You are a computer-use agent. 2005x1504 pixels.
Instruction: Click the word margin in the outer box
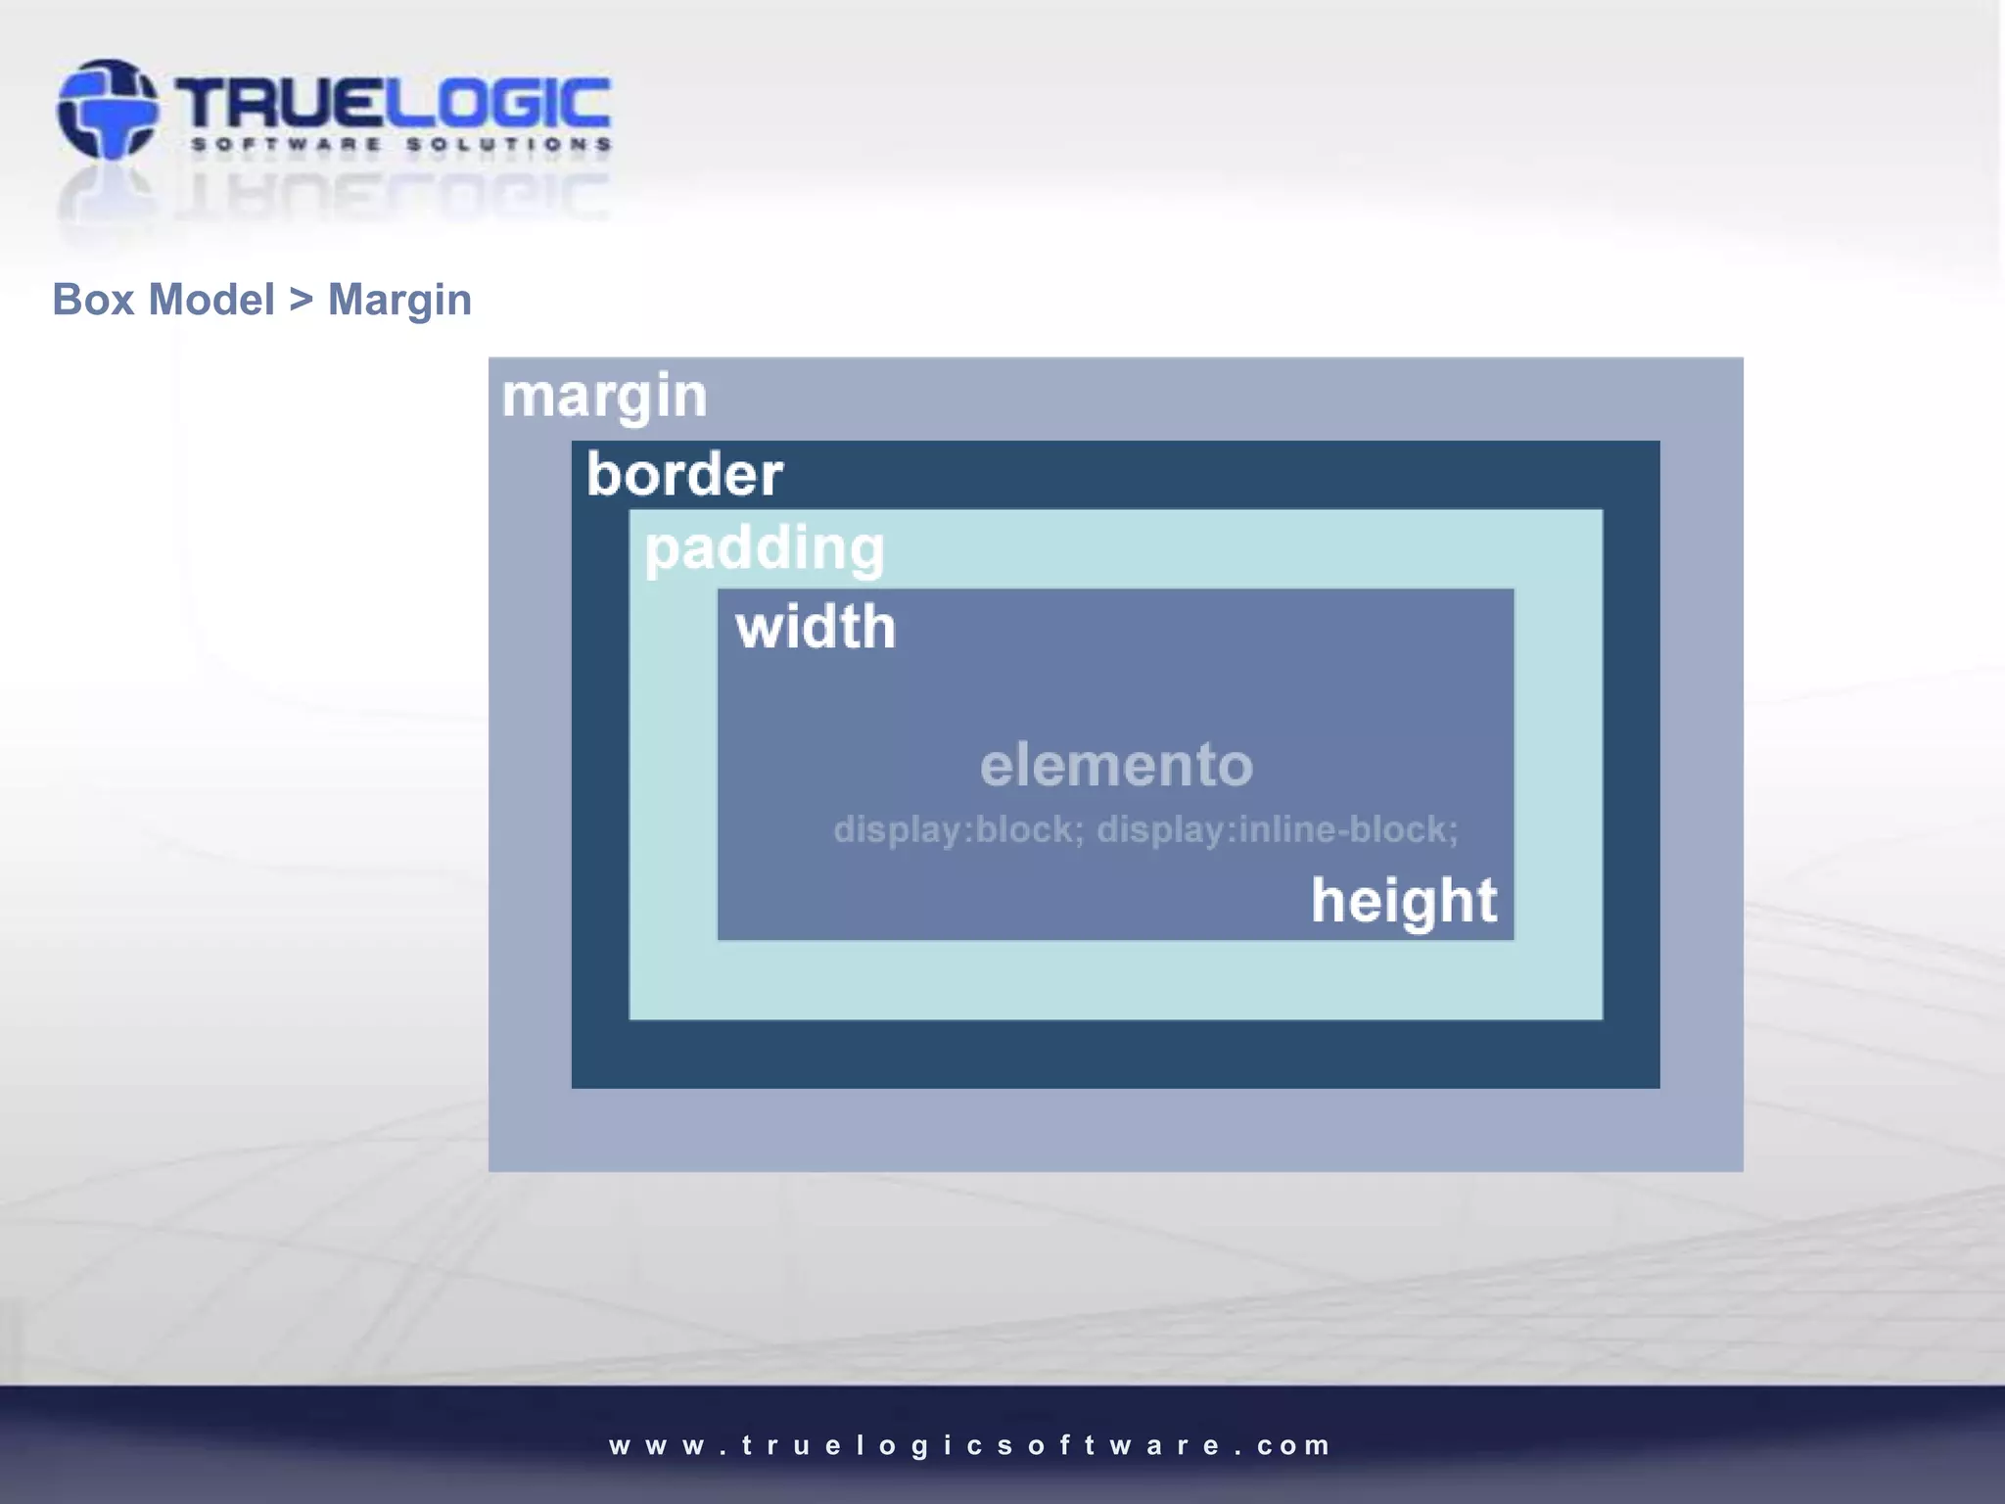pos(604,397)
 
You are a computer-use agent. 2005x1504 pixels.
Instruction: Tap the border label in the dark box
pos(684,475)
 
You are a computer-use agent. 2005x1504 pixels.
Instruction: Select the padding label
pos(764,548)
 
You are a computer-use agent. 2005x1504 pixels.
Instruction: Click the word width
pos(816,627)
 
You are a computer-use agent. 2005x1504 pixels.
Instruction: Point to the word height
pos(1404,901)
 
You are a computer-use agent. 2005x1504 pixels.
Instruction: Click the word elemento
pos(1116,765)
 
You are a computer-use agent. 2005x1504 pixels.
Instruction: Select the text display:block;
pos(958,829)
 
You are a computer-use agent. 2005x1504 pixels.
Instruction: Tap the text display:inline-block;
pos(1277,829)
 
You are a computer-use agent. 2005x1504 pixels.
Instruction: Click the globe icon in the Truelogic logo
pos(107,109)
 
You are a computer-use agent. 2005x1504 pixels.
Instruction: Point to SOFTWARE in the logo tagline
pos(286,145)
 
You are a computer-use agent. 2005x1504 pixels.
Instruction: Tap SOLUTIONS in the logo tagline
pos(509,145)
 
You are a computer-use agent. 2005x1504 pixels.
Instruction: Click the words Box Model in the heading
pos(163,300)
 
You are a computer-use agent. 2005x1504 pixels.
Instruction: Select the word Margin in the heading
pos(399,300)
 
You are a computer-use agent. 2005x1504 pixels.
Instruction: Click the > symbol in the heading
pos(301,300)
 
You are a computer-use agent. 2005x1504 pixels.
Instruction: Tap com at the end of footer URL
pos(1293,1445)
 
